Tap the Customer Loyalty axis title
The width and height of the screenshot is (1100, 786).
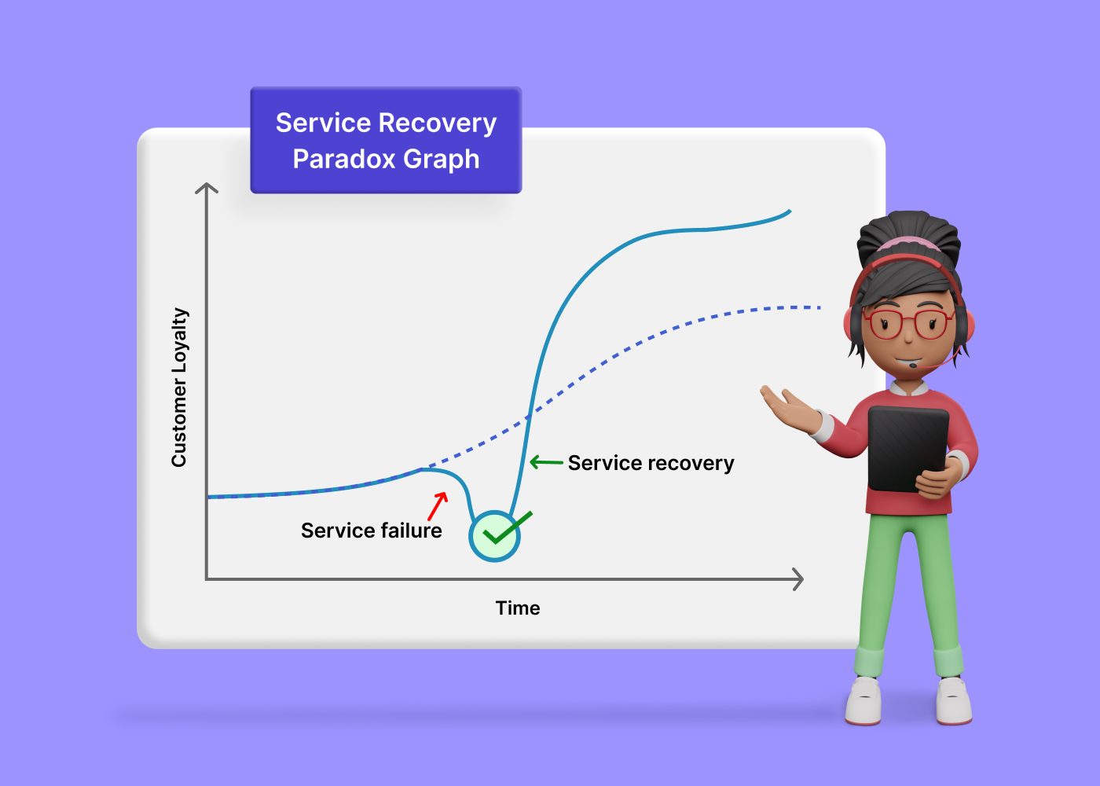(179, 387)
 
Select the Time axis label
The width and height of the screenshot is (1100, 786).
(517, 608)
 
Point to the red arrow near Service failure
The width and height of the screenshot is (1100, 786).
(438, 505)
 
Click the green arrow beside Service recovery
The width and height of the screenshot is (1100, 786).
(545, 462)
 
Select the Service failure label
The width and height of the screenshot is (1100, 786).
(371, 531)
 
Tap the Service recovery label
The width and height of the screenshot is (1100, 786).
(651, 463)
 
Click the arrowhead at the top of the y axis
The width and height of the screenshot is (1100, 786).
(206, 188)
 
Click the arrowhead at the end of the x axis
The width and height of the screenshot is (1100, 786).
(798, 579)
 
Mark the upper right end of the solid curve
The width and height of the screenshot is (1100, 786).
(789, 211)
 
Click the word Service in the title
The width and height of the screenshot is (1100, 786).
(322, 123)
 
